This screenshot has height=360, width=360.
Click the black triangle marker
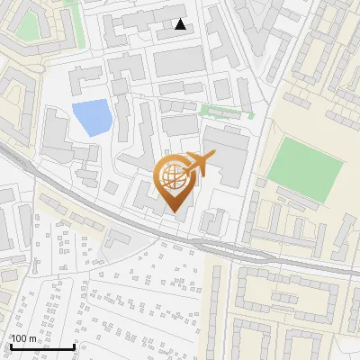pos(181,24)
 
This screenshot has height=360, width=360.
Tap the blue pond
pos(90,118)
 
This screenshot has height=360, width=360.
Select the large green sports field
pos(306,161)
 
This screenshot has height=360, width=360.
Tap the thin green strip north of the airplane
pos(225,113)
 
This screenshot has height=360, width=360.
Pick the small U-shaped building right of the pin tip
pos(214,220)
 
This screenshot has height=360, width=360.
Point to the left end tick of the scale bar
pos(11,346)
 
